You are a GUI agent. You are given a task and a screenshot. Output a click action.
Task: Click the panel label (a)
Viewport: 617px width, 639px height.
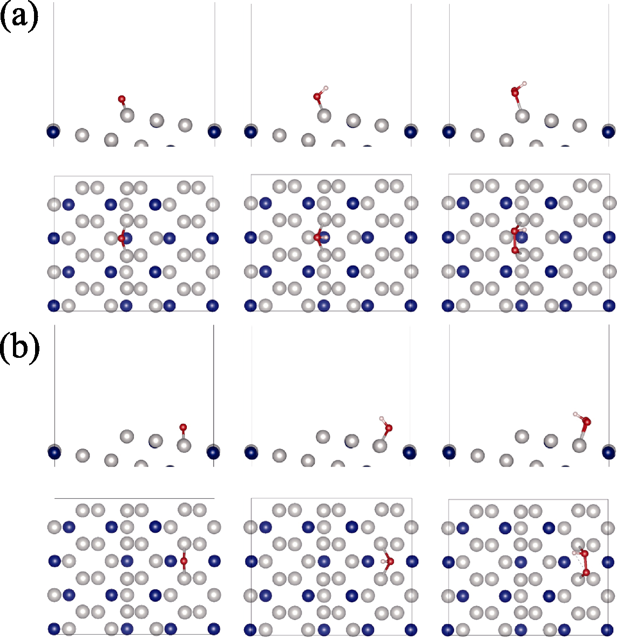tap(19, 18)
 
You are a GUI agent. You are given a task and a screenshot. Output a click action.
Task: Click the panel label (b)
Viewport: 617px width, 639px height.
tap(19, 349)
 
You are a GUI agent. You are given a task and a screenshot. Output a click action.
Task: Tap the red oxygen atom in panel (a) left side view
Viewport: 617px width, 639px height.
tap(121, 99)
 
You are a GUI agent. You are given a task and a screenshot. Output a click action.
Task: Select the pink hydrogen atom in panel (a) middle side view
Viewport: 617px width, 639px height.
tap(326, 87)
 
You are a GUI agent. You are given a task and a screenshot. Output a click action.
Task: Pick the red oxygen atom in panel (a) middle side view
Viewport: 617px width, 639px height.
tap(317, 97)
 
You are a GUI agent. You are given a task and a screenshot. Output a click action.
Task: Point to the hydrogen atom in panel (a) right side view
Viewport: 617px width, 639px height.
tap(525, 84)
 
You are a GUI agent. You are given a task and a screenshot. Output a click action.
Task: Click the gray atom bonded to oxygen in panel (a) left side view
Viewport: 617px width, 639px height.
tap(127, 115)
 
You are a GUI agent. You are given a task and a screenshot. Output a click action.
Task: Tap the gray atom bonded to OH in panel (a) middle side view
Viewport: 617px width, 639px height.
tap(324, 115)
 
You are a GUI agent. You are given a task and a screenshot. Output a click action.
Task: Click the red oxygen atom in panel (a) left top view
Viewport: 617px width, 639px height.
tap(121, 239)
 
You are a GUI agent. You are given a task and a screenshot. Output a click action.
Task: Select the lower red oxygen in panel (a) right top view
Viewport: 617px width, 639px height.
tap(516, 250)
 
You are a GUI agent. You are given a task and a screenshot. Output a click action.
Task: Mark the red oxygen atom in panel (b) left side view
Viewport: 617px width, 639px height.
tap(183, 427)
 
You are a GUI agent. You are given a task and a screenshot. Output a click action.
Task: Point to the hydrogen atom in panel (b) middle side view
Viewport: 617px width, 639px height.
tap(382, 418)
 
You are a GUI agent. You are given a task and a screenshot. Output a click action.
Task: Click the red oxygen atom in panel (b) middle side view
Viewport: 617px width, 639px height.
tap(389, 428)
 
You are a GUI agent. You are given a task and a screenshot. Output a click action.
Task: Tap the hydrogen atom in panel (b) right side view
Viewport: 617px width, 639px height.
tap(575, 414)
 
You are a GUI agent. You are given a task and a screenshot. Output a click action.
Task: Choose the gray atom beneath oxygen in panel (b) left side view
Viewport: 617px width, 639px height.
tap(184, 445)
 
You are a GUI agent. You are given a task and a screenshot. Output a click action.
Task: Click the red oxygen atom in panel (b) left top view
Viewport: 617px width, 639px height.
tap(184, 561)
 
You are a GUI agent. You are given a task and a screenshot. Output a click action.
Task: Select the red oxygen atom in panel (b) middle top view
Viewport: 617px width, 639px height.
tap(390, 562)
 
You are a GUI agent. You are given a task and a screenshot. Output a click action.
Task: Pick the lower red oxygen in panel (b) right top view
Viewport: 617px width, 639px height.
tap(586, 573)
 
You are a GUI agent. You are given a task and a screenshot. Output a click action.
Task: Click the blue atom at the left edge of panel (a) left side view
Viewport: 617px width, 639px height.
tap(53, 132)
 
